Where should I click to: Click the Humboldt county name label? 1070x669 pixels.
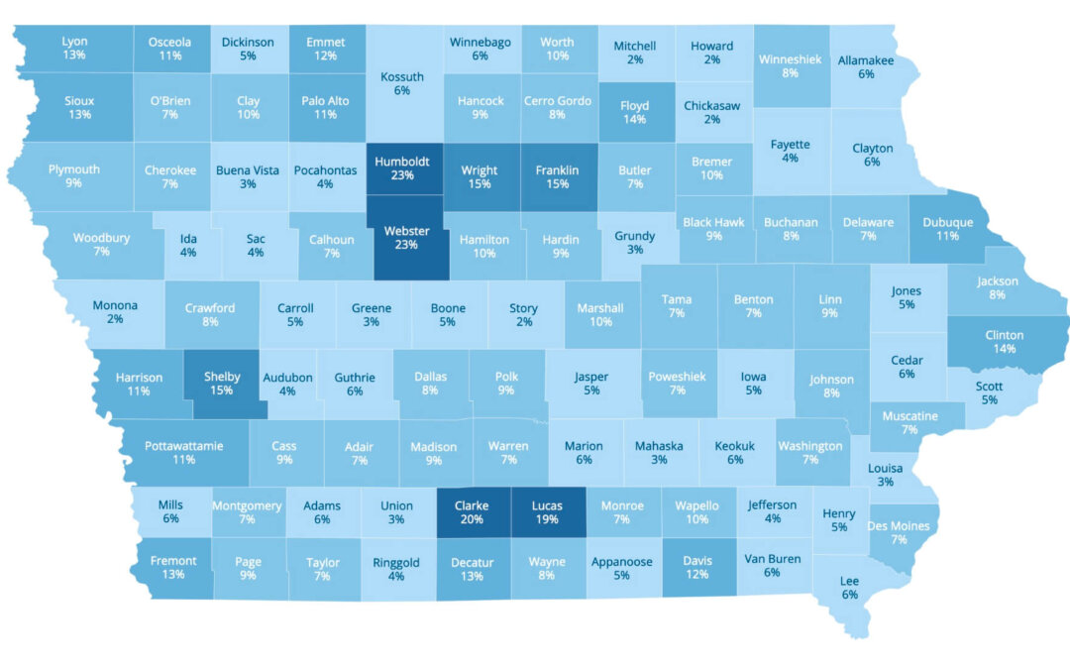[x=401, y=163]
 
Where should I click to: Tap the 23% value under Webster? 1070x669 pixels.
[x=406, y=246]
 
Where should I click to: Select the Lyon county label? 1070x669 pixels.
[x=74, y=42]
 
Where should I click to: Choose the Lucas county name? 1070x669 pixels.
[x=547, y=505]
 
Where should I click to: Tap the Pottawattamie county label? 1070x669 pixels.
[x=184, y=445]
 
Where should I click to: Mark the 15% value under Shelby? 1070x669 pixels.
[x=221, y=390]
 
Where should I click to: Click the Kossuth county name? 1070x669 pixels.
[x=402, y=76]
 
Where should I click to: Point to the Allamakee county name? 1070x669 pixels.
[x=866, y=60]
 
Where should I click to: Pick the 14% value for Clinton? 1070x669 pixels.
[x=1004, y=349]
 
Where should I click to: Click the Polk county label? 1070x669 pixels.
[x=506, y=377]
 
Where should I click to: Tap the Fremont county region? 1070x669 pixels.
[x=173, y=568]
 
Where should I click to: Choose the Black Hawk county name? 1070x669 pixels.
[x=713, y=222]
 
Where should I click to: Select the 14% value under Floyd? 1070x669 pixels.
[x=634, y=119]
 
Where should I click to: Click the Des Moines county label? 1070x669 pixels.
[x=899, y=525]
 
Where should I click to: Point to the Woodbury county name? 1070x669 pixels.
[x=101, y=238]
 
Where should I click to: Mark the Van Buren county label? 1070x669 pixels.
[x=773, y=558]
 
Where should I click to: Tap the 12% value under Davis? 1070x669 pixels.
[x=697, y=576]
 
